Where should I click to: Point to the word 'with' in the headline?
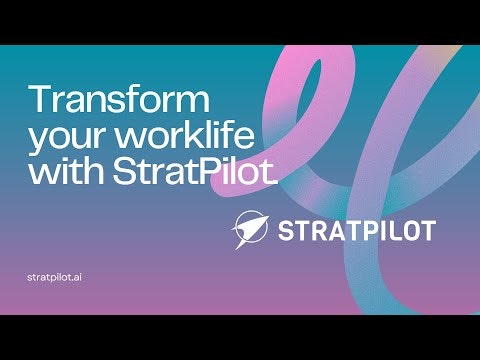[61, 171]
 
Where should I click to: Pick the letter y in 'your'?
[38, 141]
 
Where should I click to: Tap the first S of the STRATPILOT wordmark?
[285, 231]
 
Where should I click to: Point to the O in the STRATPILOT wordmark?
[404, 231]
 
